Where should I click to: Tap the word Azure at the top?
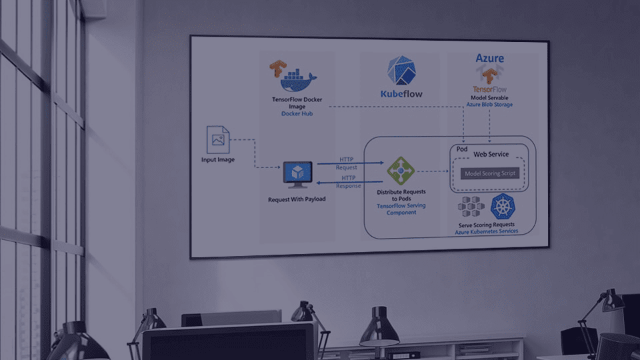tap(489, 59)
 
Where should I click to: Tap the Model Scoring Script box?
tap(489, 173)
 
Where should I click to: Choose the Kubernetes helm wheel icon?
tap(504, 207)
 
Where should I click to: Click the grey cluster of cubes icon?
tap(471, 207)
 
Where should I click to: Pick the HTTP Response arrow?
tap(347, 181)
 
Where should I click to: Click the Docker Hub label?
tap(297, 114)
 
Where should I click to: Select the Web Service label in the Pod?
tap(491, 155)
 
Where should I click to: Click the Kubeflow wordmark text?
tap(401, 94)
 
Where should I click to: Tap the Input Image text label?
tap(218, 160)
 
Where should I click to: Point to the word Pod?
tap(462, 149)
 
